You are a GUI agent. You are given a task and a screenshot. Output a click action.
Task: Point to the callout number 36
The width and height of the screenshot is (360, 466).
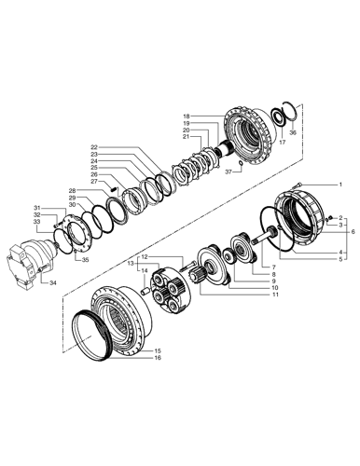pyautogui.click(x=292, y=133)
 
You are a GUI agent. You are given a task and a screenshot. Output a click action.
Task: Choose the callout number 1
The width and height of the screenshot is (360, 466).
pyautogui.click(x=339, y=185)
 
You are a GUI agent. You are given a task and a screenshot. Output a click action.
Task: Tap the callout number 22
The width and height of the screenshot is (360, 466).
pyautogui.click(x=93, y=147)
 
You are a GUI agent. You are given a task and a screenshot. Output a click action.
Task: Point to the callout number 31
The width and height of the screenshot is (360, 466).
pyautogui.click(x=37, y=207)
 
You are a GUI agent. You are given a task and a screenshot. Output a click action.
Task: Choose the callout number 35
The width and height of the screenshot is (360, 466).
pyautogui.click(x=85, y=261)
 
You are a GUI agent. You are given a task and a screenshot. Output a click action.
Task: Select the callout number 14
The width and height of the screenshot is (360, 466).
pyautogui.click(x=145, y=270)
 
